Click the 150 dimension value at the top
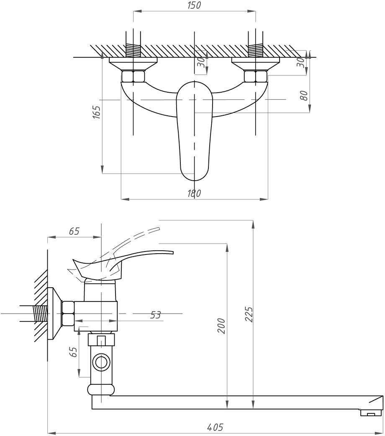click(x=194, y=5)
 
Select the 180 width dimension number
click(x=194, y=193)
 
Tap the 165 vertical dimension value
click(x=96, y=112)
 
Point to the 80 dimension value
click(x=304, y=96)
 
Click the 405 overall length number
click(x=215, y=427)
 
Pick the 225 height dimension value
click(x=249, y=314)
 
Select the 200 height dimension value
click(x=221, y=326)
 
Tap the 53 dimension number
click(x=155, y=315)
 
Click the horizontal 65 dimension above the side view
click(x=74, y=231)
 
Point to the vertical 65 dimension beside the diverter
click(x=74, y=352)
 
